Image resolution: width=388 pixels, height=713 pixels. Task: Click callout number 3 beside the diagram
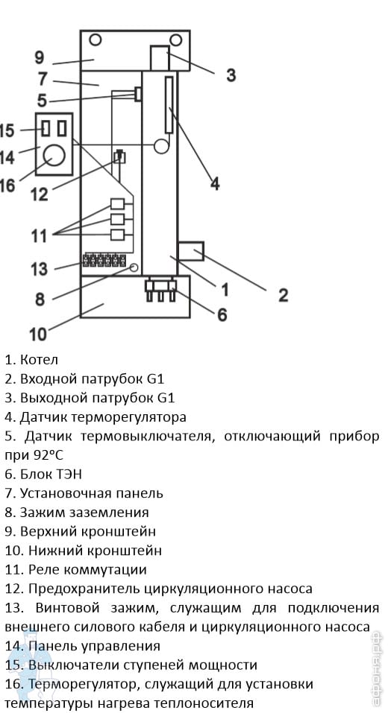[231, 75]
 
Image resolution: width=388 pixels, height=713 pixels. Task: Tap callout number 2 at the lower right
[283, 295]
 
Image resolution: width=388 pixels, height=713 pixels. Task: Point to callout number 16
[7, 186]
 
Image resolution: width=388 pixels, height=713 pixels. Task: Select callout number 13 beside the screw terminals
[39, 269]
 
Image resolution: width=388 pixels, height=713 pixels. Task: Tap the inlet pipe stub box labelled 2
[190, 252]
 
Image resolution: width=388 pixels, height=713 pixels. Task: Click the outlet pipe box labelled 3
[160, 58]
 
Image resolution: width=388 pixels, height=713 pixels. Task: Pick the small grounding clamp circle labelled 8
[134, 267]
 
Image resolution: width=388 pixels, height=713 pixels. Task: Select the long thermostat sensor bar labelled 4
[169, 104]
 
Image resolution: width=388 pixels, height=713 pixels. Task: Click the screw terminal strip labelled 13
[104, 259]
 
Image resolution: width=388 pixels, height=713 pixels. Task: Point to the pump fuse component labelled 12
[120, 157]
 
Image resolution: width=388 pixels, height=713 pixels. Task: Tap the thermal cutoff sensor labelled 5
[137, 94]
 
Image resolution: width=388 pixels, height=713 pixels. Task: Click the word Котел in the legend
[39, 360]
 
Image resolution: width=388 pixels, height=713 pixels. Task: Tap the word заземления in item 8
[109, 513]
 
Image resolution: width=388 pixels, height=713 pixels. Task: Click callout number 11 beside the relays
[39, 237]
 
